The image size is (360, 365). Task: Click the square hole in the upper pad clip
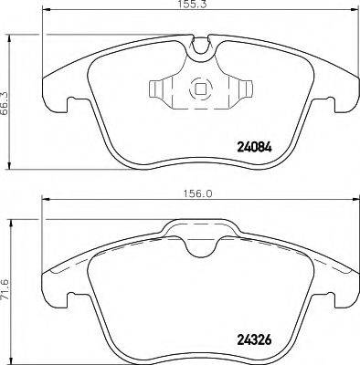[198, 90]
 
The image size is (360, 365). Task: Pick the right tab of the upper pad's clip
[241, 89]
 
